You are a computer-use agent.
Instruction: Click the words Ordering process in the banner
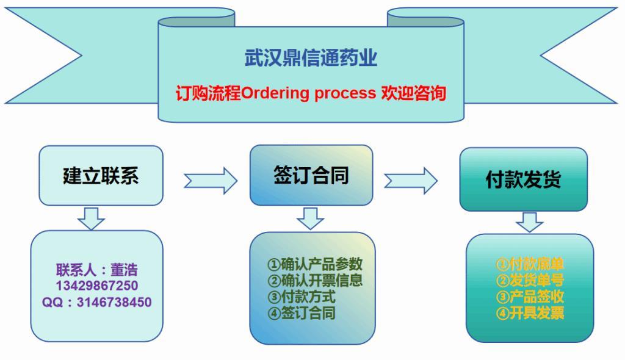tap(308, 93)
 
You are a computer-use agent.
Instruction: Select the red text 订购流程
tap(208, 93)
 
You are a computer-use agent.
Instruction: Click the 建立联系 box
tap(101, 176)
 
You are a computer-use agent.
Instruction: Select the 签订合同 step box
tap(311, 175)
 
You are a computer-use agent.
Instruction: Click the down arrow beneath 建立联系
tap(92, 218)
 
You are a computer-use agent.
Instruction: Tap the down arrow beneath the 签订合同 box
tap(311, 218)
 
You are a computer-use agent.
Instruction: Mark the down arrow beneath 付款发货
tap(529, 222)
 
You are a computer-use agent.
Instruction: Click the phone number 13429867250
tap(97, 286)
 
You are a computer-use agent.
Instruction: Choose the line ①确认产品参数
tap(315, 264)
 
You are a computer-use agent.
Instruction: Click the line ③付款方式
tap(302, 297)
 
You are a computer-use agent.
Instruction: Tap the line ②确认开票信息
tap(315, 281)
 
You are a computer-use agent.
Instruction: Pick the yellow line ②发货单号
tap(530, 281)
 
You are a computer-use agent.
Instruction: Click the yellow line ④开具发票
tap(530, 314)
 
